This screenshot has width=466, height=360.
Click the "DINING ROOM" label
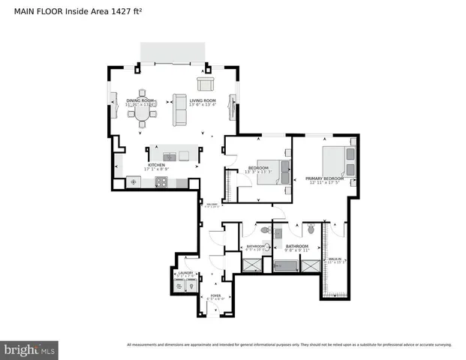[x=140, y=100]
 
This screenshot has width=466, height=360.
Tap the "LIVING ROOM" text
[x=202, y=100]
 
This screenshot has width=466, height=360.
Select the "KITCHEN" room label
[x=156, y=163]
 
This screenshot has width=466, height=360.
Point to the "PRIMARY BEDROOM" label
[x=324, y=178]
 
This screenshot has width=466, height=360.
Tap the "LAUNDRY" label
[x=185, y=273]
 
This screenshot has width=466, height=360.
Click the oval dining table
[x=143, y=114]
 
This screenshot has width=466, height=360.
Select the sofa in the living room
[x=179, y=110]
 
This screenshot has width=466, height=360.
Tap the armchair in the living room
[x=205, y=84]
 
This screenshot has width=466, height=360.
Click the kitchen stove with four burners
[x=161, y=181]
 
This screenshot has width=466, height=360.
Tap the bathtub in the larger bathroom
[x=286, y=265]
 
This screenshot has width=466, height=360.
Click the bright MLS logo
[x=30, y=349]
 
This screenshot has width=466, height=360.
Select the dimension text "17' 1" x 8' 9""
[x=156, y=168]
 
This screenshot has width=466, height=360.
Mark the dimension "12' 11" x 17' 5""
[x=324, y=183]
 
